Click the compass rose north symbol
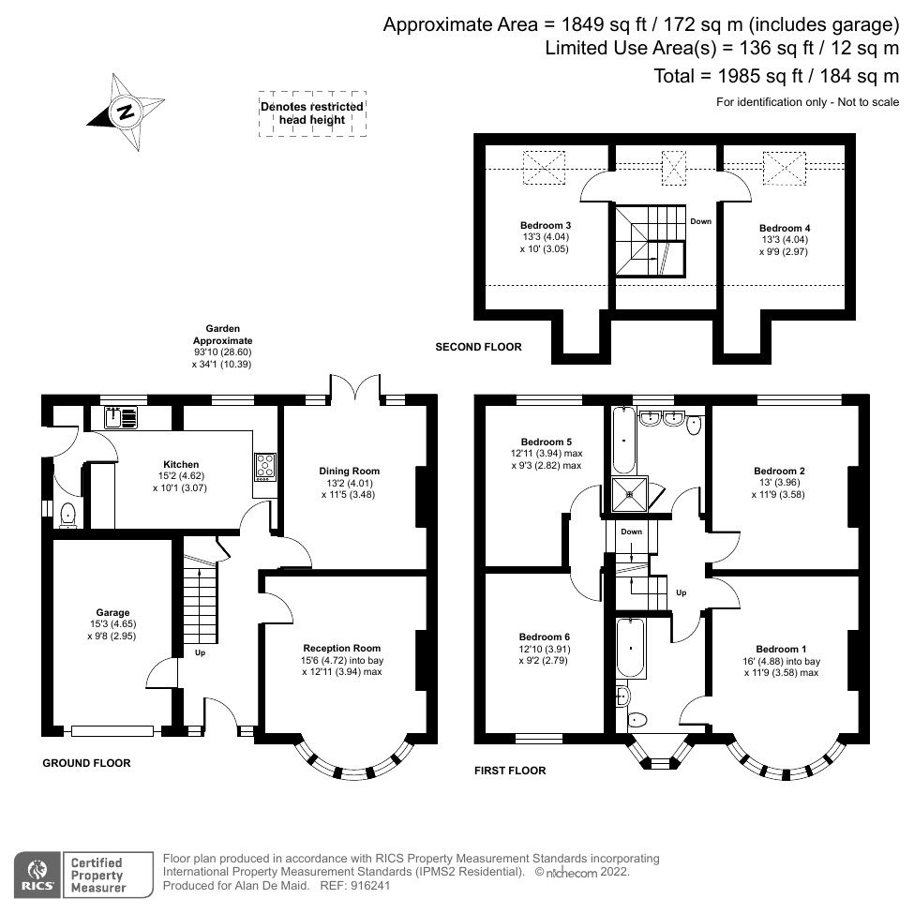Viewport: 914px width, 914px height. click(x=124, y=113)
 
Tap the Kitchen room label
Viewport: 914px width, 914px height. click(x=181, y=464)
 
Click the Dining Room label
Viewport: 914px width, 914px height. click(x=352, y=471)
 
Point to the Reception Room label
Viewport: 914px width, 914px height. click(x=342, y=648)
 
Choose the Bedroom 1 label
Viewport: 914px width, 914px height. click(x=780, y=649)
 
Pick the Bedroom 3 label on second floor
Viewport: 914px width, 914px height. click(x=546, y=226)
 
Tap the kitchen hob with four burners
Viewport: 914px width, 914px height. click(x=266, y=465)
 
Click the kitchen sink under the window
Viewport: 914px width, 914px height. click(x=121, y=416)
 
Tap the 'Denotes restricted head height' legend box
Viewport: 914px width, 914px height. click(x=312, y=114)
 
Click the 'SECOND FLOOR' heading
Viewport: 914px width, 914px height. click(x=478, y=347)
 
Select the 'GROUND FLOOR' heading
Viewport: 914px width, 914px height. click(x=86, y=763)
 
